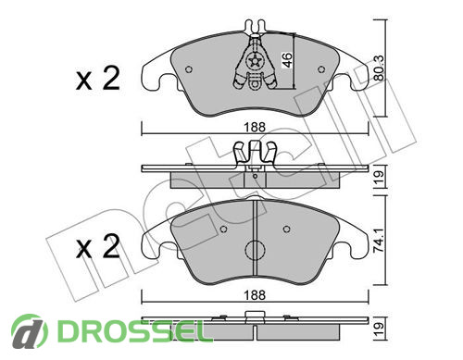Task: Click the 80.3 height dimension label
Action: [379, 68]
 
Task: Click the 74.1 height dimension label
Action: [379, 241]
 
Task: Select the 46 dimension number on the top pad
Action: [287, 60]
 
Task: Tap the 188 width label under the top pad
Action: [255, 127]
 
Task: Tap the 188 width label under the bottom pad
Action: [255, 295]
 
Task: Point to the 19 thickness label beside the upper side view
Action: [379, 177]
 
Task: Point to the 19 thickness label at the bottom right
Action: [379, 329]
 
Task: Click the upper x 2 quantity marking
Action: [97, 79]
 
